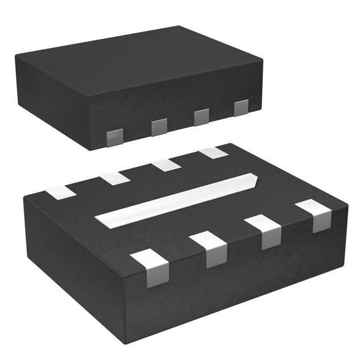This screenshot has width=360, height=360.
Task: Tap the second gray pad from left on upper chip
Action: click(x=159, y=127)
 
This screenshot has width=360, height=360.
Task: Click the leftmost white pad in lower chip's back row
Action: click(x=60, y=192)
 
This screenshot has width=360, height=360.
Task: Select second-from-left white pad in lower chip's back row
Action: click(x=115, y=179)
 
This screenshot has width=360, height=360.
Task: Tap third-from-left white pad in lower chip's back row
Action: click(x=165, y=165)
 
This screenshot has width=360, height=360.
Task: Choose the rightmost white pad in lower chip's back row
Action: click(x=213, y=152)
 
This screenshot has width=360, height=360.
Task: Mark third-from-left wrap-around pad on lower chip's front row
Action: click(x=263, y=231)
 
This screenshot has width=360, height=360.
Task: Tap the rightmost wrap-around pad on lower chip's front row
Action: click(x=315, y=215)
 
